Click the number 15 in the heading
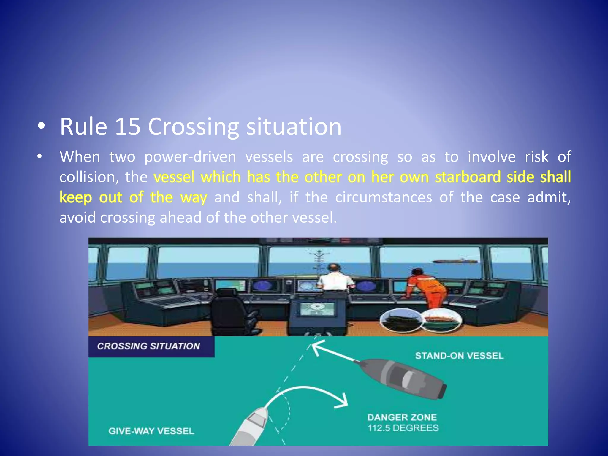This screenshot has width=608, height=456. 128,127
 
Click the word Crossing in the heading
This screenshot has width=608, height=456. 193,127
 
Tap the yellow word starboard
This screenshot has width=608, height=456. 468,177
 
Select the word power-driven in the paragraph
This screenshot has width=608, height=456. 190,157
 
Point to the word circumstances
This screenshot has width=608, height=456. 383,197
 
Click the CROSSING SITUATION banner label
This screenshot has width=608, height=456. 148,346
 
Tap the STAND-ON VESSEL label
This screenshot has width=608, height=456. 459,356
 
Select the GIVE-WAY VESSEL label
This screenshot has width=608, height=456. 151,431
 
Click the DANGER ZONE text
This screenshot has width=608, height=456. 402,417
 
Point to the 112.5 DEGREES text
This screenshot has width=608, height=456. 403,428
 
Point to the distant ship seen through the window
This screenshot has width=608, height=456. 455,261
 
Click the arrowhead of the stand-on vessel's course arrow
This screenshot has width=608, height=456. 316,347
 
